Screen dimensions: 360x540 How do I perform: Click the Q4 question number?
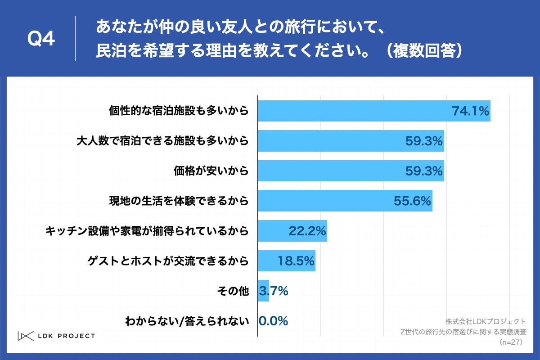(x=41, y=39)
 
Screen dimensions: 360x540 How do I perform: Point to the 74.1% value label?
(x=471, y=111)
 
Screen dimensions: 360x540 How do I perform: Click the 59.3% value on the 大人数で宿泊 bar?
(x=424, y=141)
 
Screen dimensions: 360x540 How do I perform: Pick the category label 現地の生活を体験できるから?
(x=179, y=201)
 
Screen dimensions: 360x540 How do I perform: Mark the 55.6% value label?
(x=413, y=201)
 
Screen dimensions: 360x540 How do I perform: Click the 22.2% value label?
(x=307, y=231)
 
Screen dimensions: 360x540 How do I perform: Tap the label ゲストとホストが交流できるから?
(x=167, y=261)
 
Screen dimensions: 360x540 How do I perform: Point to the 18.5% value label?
(x=295, y=261)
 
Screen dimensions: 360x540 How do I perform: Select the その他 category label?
(x=233, y=291)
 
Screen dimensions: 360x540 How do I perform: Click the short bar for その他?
(x=263, y=291)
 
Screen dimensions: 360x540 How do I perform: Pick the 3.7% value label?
(x=274, y=291)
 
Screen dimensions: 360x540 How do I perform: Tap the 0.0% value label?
(x=274, y=321)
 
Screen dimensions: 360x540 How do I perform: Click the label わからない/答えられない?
(x=187, y=321)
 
